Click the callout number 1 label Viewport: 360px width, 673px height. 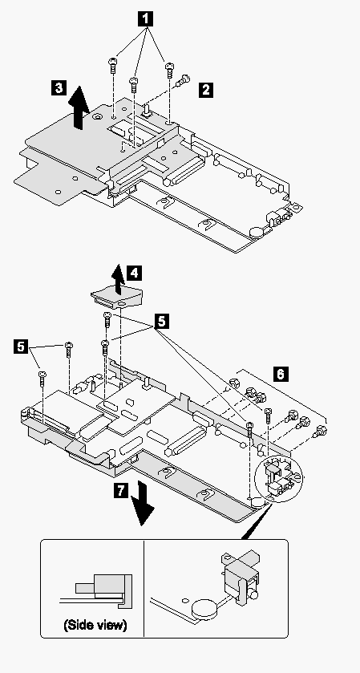(x=146, y=18)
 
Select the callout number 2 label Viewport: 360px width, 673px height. (x=206, y=90)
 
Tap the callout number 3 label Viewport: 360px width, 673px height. (x=59, y=87)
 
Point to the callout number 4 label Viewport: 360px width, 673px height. (x=135, y=273)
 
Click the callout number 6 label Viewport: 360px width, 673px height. (x=279, y=375)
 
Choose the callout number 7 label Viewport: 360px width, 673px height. (x=123, y=491)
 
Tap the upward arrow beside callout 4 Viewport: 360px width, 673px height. (x=117, y=279)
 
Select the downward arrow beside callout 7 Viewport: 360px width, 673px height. (x=142, y=505)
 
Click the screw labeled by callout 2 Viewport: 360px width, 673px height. (x=184, y=80)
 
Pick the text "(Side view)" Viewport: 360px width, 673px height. (x=95, y=625)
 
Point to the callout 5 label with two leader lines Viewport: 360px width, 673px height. (x=20, y=346)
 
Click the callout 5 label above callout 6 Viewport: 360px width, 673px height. (x=161, y=321)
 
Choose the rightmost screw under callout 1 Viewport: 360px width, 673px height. (x=169, y=70)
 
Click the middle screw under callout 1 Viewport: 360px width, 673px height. (x=133, y=83)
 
